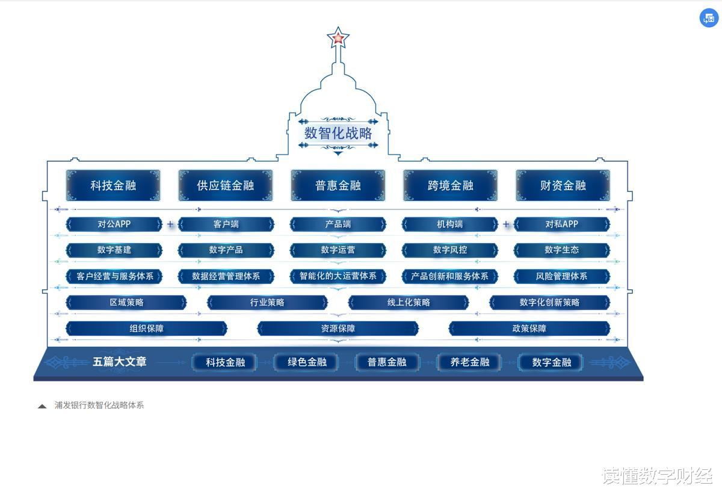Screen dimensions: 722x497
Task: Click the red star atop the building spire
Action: coord(338,39)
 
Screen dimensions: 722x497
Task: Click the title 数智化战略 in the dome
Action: coord(338,133)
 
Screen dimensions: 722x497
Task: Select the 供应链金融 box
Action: coord(226,185)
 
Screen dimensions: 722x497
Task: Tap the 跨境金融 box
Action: coord(450,185)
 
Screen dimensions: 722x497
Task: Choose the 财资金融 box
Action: coord(563,185)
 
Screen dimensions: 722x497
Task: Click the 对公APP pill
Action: coord(114,224)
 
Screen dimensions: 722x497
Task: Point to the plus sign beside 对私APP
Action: coord(506,224)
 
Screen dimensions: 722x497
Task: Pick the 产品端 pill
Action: coord(338,224)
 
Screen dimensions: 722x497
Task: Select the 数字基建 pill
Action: coord(114,250)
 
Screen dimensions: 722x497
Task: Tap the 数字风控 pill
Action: coord(450,250)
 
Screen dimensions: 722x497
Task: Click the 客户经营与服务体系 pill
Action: coord(114,276)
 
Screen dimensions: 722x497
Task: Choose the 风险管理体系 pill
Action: coord(562,276)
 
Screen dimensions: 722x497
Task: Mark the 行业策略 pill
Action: coord(267,302)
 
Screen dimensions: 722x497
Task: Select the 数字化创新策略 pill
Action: coord(549,302)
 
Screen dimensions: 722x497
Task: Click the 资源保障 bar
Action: coord(338,329)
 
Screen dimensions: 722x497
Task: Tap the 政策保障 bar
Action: coord(529,329)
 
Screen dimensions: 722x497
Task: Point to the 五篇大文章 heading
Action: coord(120,362)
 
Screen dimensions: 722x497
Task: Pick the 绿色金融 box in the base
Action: coord(307,362)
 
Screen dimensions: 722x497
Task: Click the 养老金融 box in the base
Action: coord(470,362)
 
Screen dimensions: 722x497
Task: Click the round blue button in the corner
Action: coord(709,18)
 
